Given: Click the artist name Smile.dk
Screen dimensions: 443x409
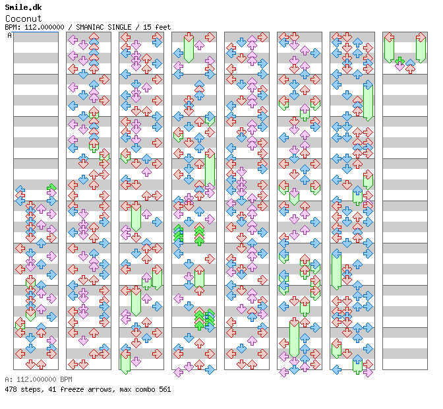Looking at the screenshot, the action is [x=23, y=7].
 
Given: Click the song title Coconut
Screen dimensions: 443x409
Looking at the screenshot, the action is [x=24, y=18].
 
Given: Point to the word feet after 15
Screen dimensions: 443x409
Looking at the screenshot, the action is [x=162, y=27].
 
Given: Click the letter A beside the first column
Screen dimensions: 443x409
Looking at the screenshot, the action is [x=9, y=36].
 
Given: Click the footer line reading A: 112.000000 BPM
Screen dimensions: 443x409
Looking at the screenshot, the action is [x=38, y=379].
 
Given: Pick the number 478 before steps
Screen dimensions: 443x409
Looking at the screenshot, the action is [x=11, y=389].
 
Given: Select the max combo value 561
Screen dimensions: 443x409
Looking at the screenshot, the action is [x=165, y=389].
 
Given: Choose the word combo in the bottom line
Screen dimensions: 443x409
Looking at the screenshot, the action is [x=145, y=389].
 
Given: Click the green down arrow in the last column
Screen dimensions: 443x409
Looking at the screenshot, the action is [x=399, y=61].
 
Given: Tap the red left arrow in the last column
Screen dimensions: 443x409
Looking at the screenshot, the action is [x=390, y=37].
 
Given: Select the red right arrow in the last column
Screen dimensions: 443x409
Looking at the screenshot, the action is [x=421, y=37].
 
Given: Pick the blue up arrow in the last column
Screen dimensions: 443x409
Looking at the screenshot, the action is [x=410, y=63].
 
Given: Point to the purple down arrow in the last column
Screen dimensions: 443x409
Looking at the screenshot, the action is [x=399, y=67].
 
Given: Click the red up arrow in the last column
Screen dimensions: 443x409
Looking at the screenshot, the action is [x=410, y=69].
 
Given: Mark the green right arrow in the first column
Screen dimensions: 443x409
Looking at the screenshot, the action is [x=51, y=187].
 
